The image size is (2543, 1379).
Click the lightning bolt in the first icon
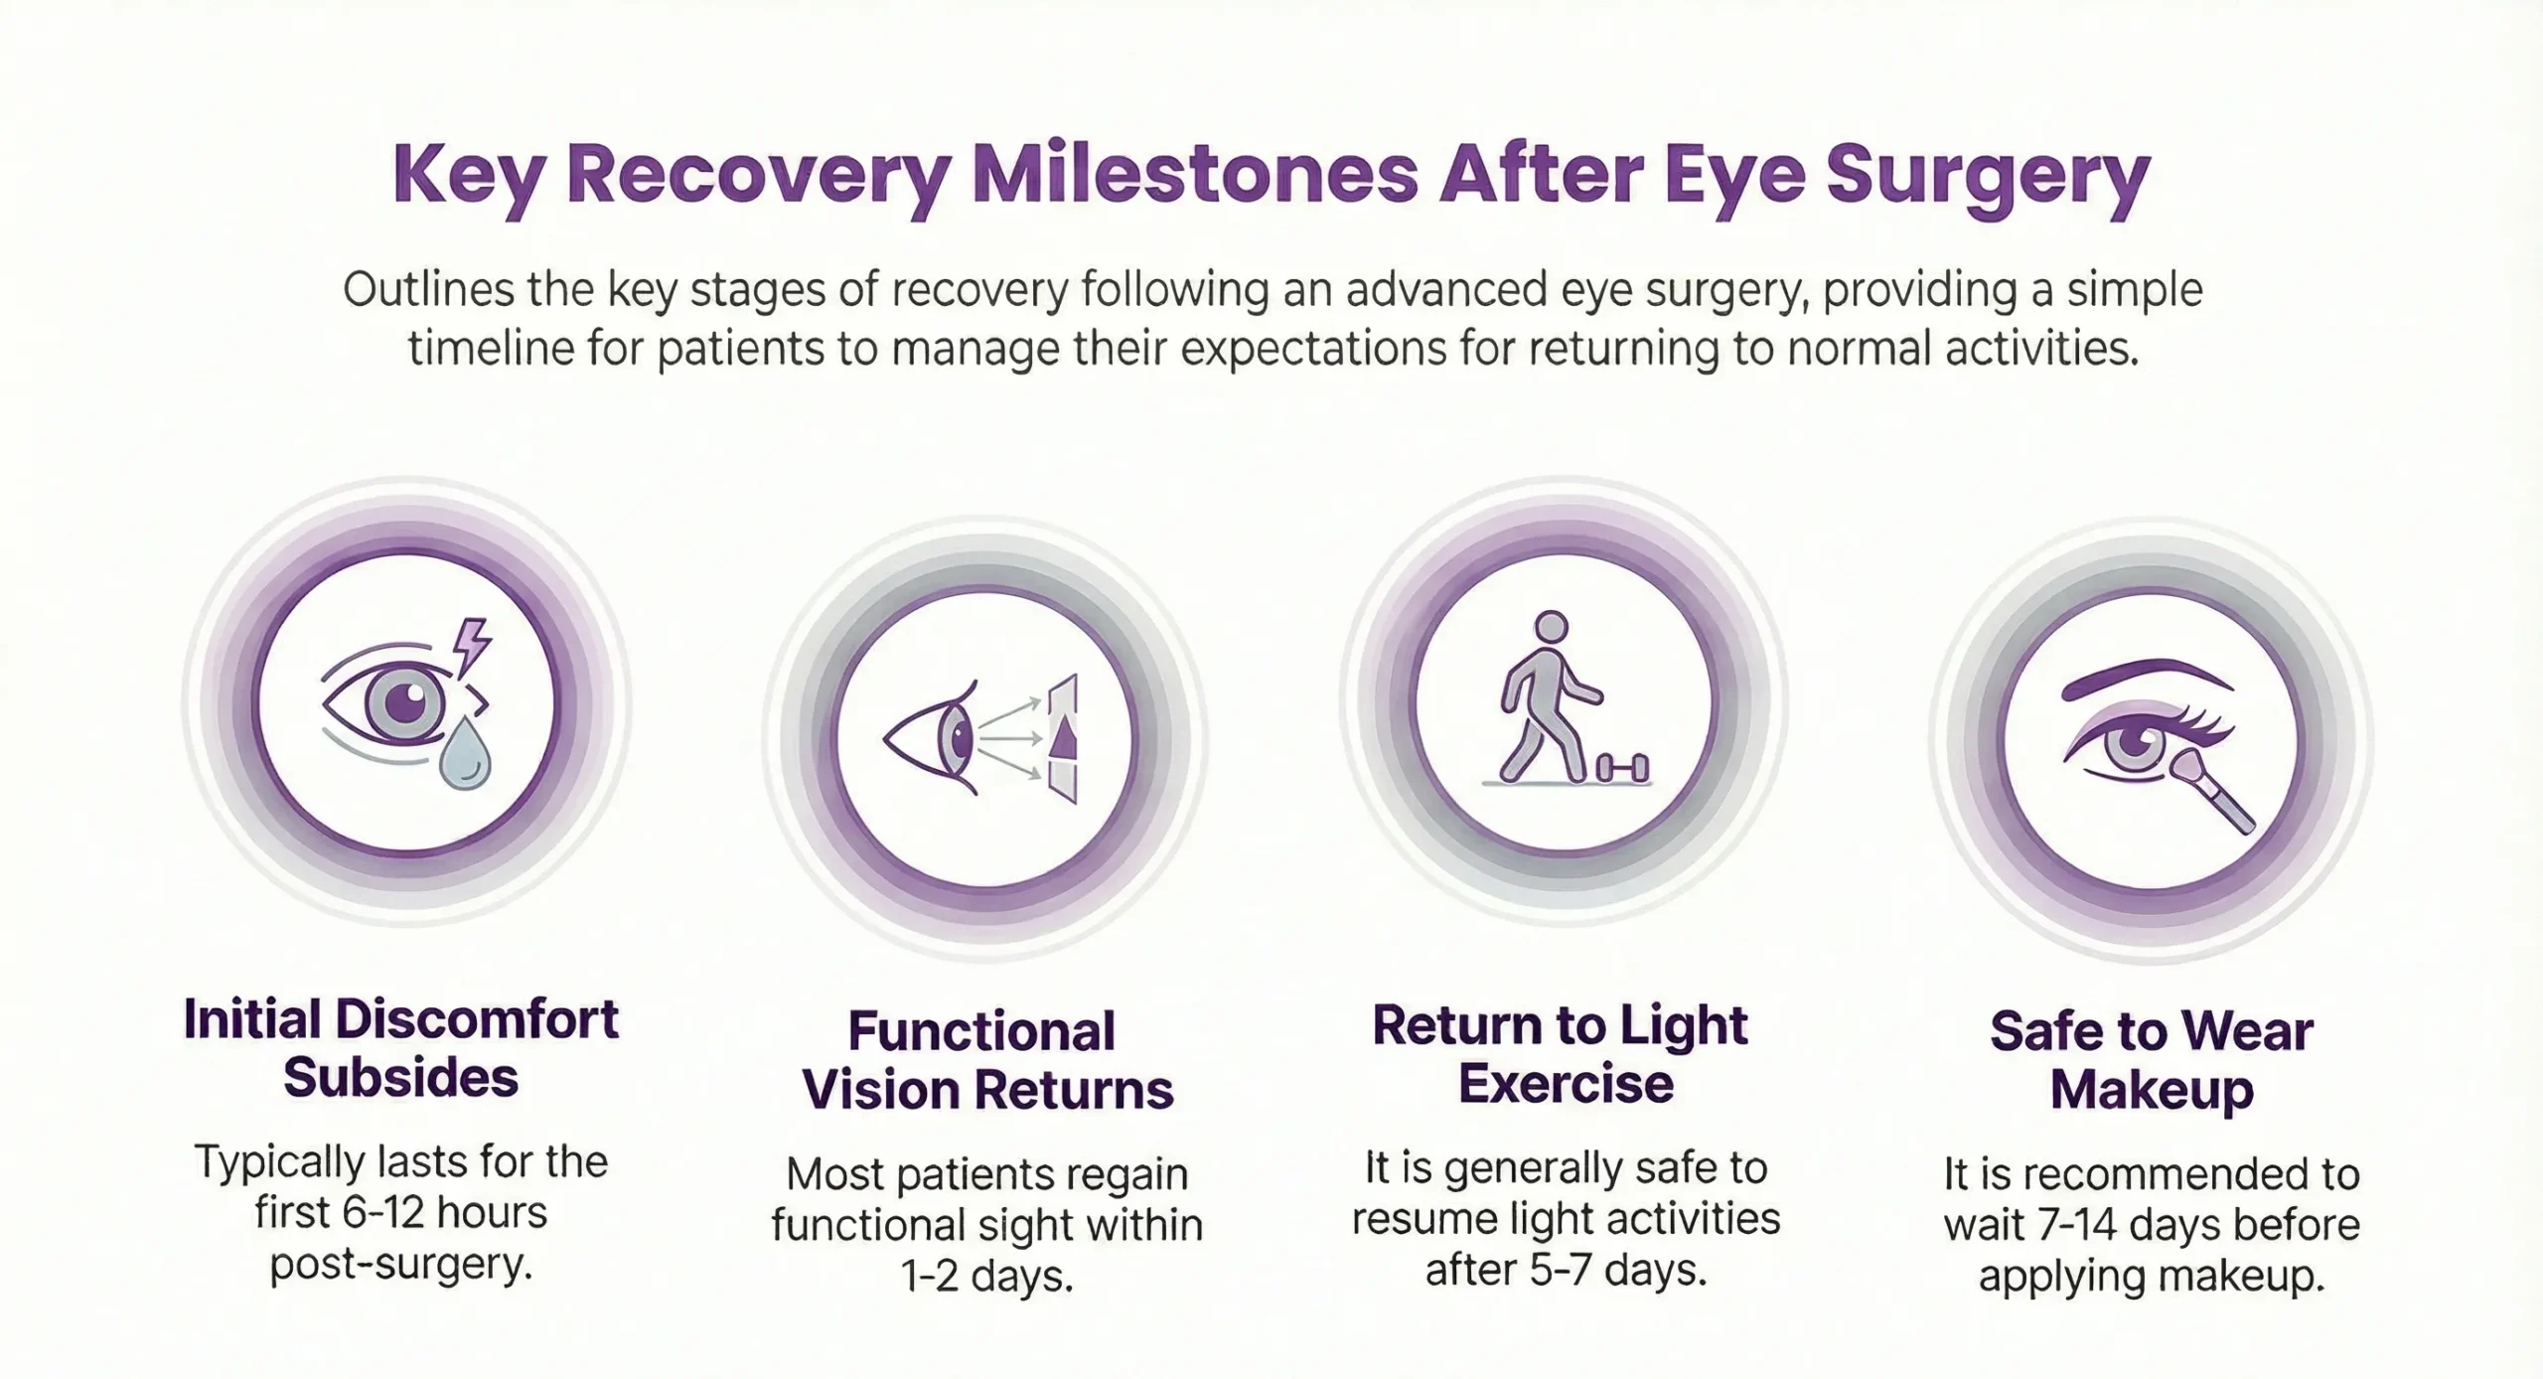[472, 644]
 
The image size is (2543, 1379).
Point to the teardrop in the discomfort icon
[465, 758]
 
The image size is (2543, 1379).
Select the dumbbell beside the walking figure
[1622, 767]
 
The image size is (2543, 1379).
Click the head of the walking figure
[1551, 628]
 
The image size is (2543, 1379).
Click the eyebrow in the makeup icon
[2146, 680]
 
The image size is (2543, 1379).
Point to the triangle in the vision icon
[1064, 738]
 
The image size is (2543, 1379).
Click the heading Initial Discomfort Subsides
[400, 1049]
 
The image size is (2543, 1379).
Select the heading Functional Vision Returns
[986, 1061]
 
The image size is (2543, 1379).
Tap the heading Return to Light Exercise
[1561, 1054]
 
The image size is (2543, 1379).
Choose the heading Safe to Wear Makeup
[2151, 1061]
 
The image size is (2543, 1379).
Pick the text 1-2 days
[986, 1277]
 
